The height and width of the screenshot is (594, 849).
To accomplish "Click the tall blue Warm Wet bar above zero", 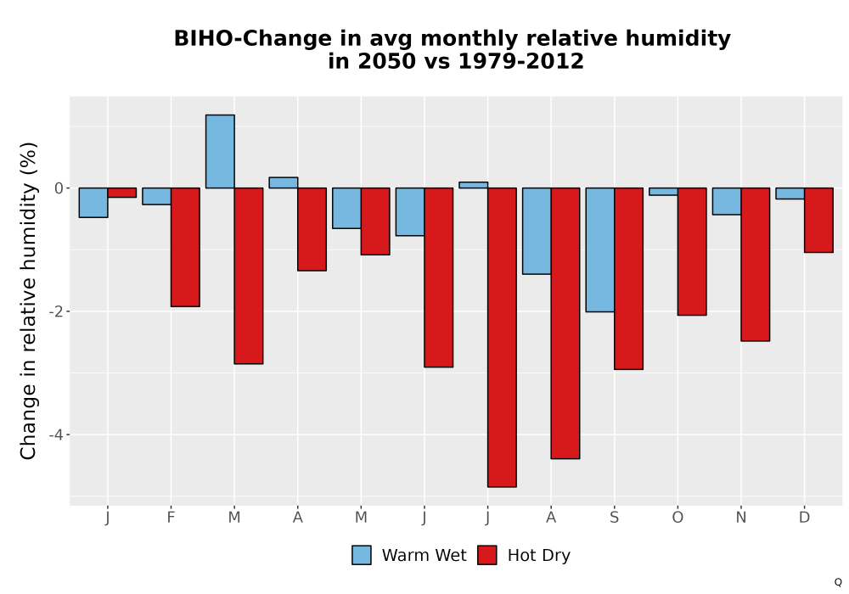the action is point(220,152).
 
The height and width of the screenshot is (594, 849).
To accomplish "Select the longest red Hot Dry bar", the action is point(502,338).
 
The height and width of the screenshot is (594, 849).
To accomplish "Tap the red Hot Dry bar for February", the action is point(185,247).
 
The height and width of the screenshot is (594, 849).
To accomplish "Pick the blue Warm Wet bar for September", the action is point(600,250).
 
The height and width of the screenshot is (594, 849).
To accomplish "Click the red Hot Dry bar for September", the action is point(628,278).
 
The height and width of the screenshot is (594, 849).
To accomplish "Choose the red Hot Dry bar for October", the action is point(692,251).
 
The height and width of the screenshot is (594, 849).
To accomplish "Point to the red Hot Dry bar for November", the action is point(756,265).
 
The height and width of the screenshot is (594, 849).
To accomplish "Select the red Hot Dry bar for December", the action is point(818,220).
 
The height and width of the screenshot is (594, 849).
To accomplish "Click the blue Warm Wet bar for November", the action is point(727,201).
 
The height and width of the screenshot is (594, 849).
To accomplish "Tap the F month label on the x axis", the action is point(171,518).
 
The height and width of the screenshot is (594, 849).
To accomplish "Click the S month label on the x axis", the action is point(614,518).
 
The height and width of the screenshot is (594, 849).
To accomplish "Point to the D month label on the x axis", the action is point(805,518).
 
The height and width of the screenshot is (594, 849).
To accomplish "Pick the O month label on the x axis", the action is point(678,518).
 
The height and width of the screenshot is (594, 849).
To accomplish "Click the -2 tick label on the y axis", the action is point(56,311).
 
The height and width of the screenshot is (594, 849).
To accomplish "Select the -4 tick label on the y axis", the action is point(56,435).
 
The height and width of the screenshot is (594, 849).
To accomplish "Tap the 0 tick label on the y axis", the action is point(59,188).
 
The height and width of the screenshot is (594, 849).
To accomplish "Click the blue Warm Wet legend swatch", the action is point(362,556).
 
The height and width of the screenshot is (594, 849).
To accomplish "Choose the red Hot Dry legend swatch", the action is point(487,556).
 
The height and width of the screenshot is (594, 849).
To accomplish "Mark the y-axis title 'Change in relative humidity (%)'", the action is point(28,300).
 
